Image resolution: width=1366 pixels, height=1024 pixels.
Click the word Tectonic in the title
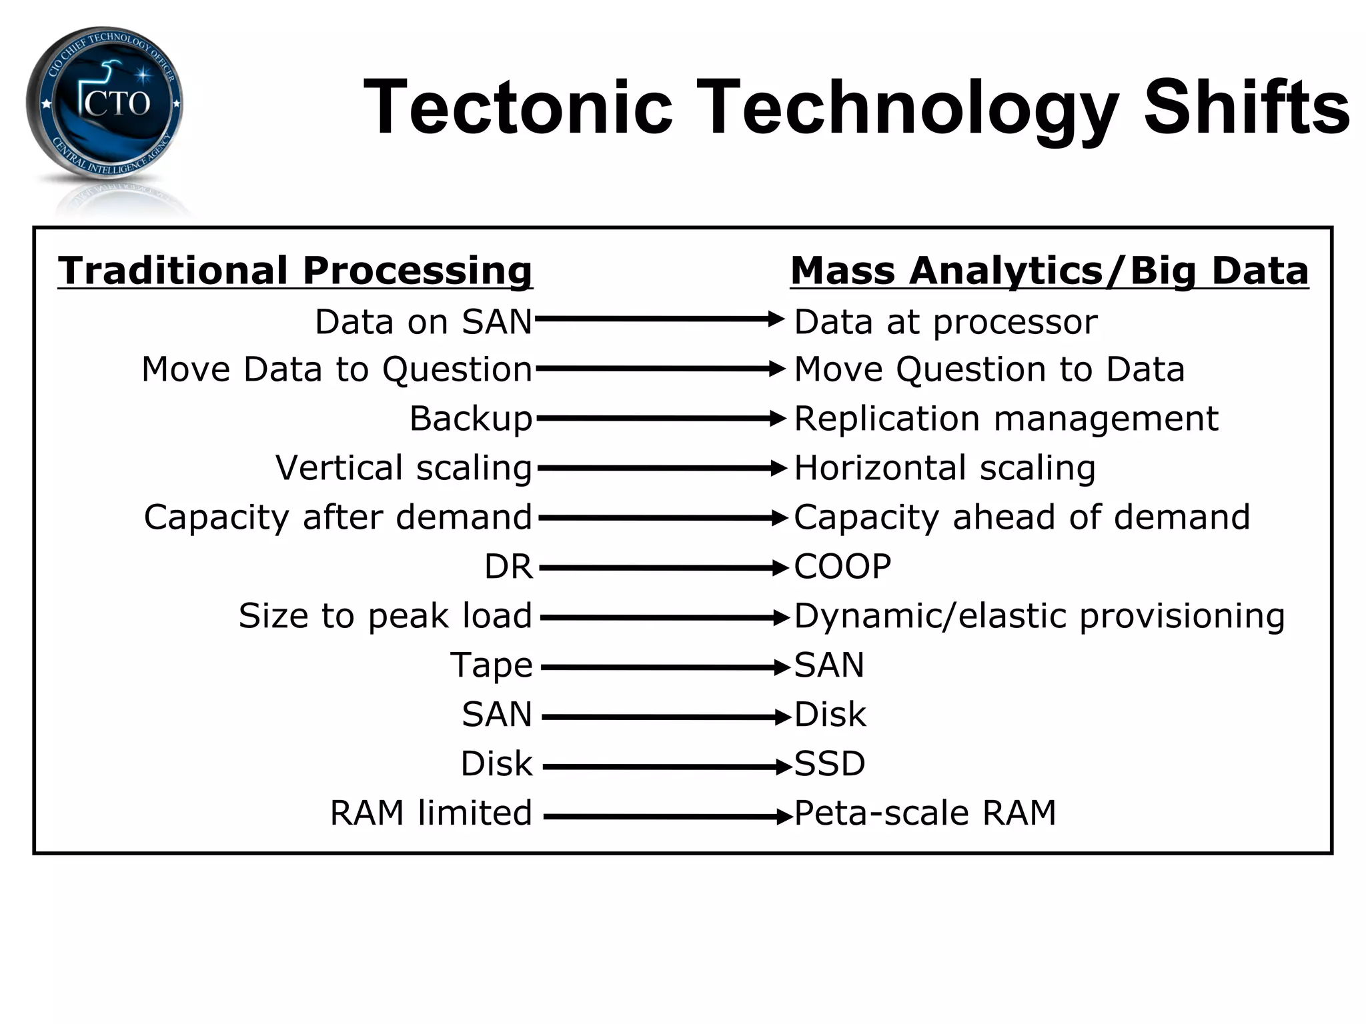point(518,107)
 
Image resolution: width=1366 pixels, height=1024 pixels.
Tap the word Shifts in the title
point(1246,107)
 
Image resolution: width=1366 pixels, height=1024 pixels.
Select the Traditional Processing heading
point(295,271)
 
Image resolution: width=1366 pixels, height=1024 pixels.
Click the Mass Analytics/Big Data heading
point(1049,271)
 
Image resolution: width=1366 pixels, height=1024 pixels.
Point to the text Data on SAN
point(424,322)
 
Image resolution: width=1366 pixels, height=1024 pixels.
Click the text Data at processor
point(945,322)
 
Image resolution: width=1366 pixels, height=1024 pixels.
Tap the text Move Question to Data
point(989,369)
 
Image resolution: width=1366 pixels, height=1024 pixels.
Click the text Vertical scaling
point(404,467)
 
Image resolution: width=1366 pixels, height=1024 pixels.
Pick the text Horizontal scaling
point(944,467)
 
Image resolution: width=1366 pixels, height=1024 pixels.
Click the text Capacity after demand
point(338,517)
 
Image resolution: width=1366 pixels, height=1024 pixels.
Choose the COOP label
point(842,567)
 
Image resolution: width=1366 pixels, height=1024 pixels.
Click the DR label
point(508,567)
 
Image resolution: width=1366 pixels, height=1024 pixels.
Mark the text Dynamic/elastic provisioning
point(1039,615)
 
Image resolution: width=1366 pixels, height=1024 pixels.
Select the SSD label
point(830,763)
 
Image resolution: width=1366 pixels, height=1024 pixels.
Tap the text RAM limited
point(431,813)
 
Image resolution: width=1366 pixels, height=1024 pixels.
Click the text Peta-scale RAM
point(925,813)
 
